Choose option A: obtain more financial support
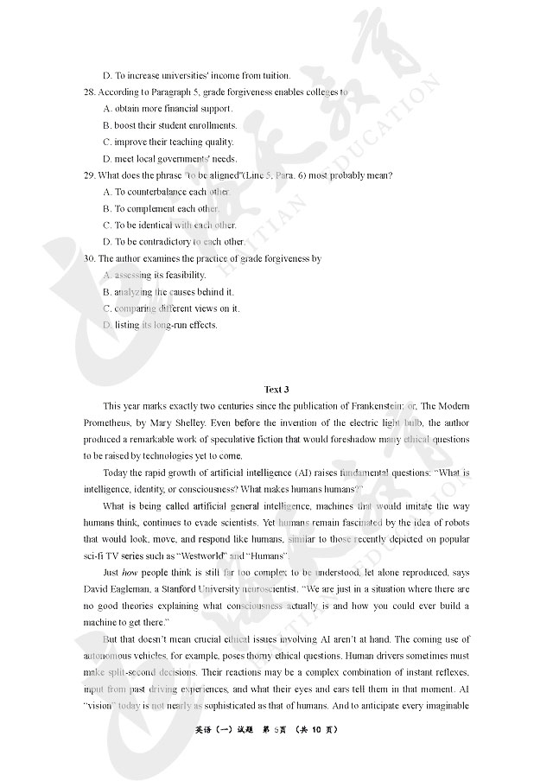point(168,109)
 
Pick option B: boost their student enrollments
point(169,125)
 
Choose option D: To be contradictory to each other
point(174,242)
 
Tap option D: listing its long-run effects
point(160,325)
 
